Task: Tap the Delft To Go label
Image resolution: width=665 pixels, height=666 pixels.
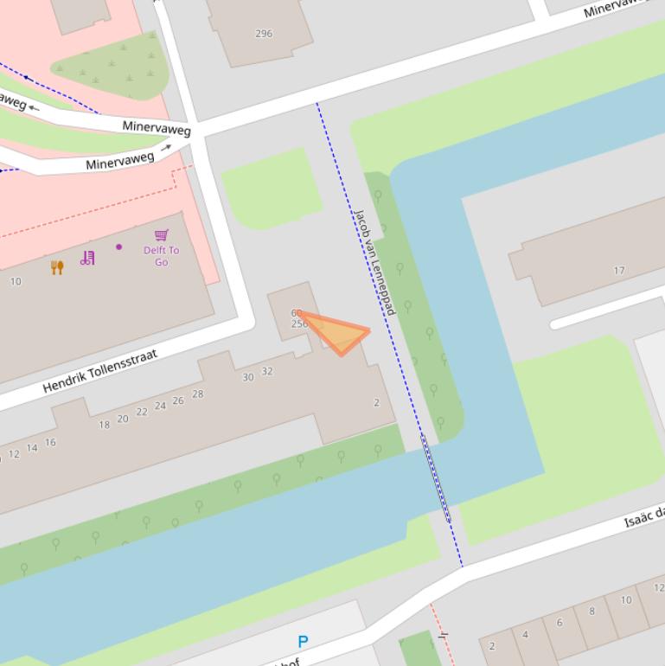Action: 162,256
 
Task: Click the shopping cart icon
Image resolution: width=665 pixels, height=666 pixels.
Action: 162,234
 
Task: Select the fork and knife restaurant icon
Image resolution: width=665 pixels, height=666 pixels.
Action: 57,267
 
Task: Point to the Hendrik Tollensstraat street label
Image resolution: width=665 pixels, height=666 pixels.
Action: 100,372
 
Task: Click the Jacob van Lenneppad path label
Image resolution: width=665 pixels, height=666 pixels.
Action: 374,261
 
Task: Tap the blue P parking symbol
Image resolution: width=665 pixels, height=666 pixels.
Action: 303,642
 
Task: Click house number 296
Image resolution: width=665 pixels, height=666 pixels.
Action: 264,34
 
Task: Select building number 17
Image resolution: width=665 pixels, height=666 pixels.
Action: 619,271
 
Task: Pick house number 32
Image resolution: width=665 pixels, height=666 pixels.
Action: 267,372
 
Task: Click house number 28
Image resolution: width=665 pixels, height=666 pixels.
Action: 198,394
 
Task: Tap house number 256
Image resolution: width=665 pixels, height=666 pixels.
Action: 299,324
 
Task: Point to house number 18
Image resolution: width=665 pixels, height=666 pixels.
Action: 105,425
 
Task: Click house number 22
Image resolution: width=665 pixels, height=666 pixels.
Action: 142,413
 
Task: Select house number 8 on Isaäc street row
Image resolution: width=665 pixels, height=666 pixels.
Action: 592,612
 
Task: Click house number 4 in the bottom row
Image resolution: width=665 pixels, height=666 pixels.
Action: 526,635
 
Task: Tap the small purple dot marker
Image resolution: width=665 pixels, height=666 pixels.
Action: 119,247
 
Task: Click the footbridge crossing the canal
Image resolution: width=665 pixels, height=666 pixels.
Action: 436,478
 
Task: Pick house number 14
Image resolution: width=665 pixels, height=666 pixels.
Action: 32,448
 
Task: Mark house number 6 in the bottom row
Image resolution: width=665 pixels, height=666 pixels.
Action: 559,623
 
